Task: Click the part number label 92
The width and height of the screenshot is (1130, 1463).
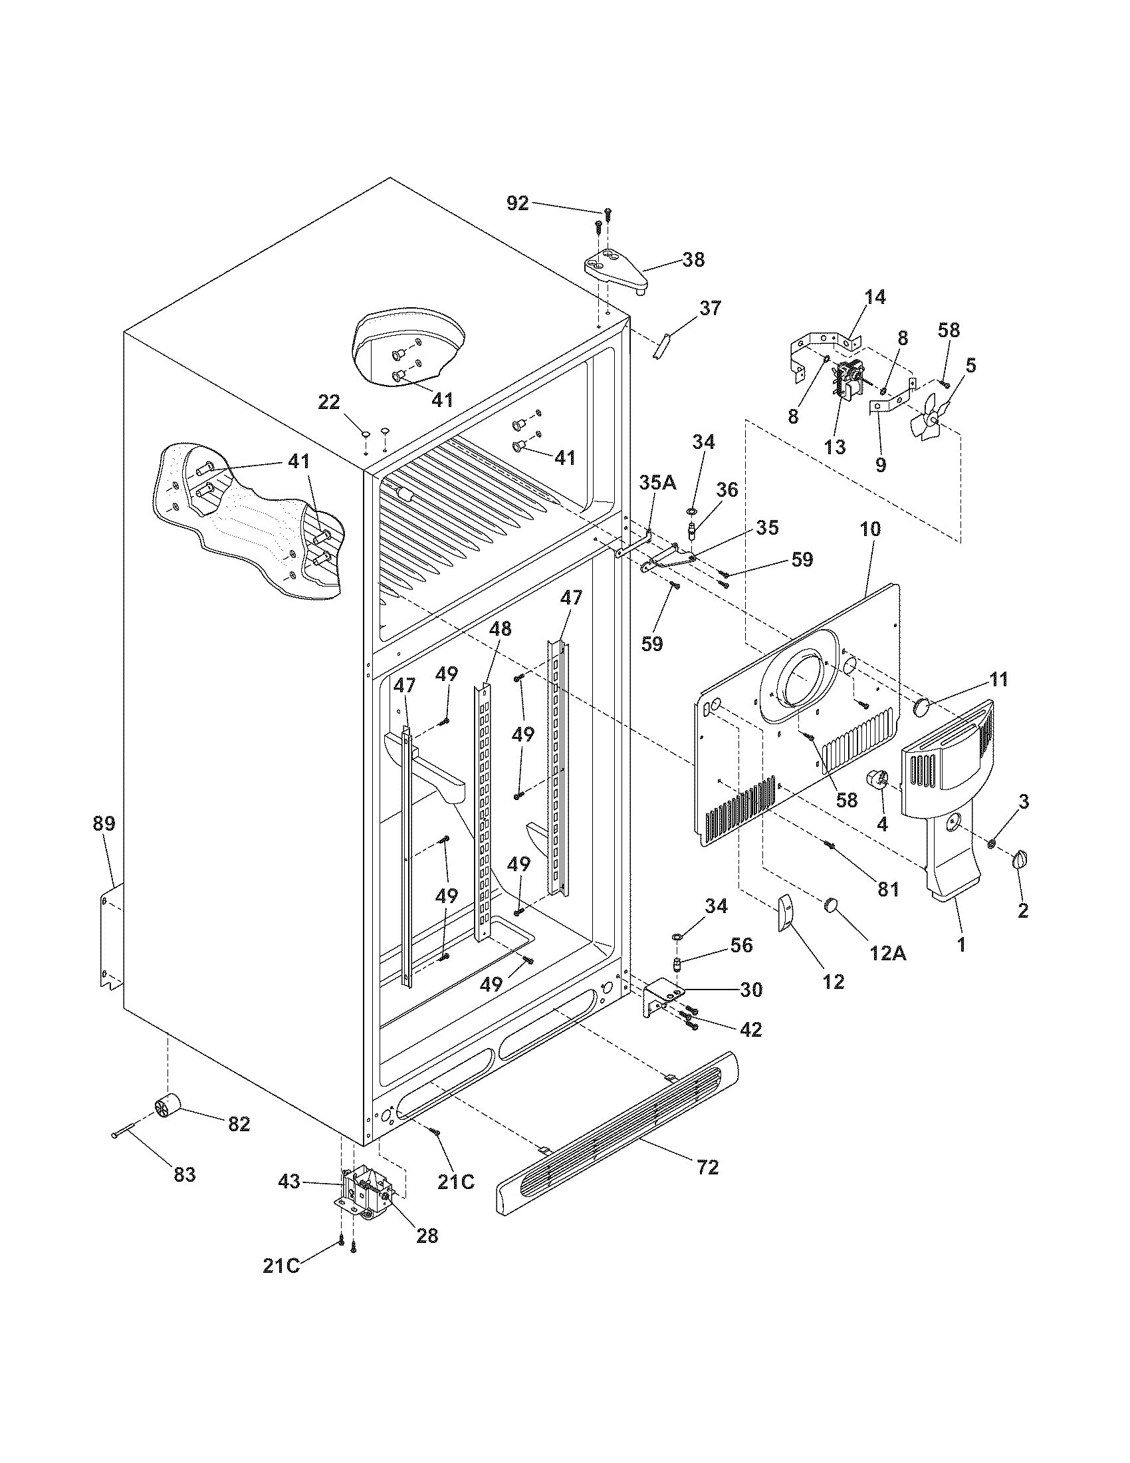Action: (x=516, y=203)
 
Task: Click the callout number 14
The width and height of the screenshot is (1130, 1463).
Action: (x=874, y=297)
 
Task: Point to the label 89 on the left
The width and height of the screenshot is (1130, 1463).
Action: (x=104, y=823)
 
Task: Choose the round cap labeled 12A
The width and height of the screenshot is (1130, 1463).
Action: (x=832, y=905)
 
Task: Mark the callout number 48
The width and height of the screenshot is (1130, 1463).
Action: (x=500, y=628)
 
